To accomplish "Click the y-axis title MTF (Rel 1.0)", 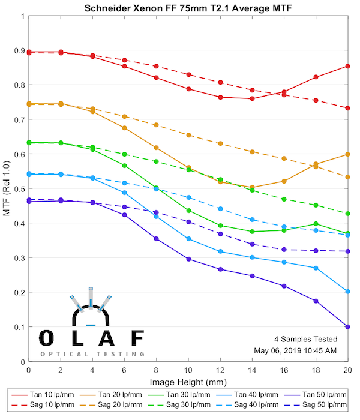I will (x=7, y=188).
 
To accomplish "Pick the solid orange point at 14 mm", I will (x=252, y=187).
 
